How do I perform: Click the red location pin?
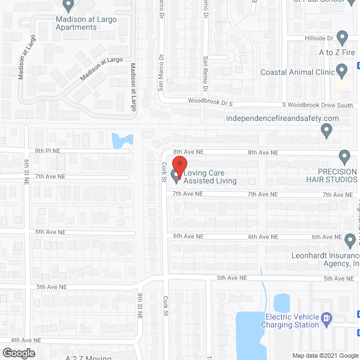tap(179, 165)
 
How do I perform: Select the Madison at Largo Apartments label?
tap(86, 23)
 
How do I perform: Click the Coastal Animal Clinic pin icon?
tap(341, 71)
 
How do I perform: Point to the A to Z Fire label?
tap(337, 52)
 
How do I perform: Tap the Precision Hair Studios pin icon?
tap(344, 156)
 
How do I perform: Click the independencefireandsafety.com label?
tap(282, 118)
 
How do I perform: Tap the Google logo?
tap(18, 353)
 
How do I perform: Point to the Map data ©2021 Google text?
tap(323, 355)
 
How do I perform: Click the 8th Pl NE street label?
tap(50, 151)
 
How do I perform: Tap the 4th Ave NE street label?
tap(26, 340)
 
